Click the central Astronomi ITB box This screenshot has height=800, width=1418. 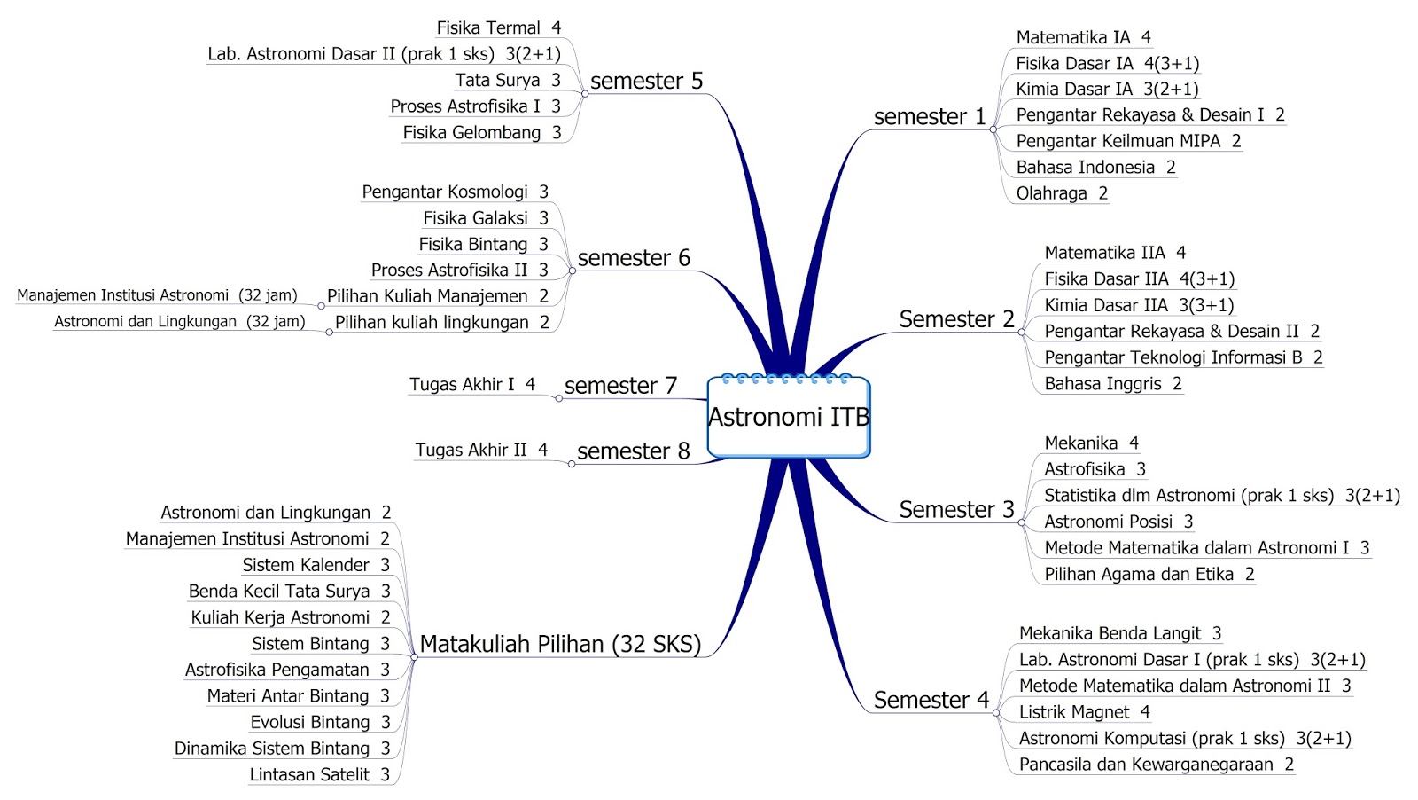click(x=788, y=417)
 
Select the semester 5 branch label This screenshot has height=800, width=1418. click(x=646, y=81)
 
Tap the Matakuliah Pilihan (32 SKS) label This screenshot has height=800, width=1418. click(x=560, y=644)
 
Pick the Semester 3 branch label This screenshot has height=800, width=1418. click(x=956, y=510)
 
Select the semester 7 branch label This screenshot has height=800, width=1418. click(x=620, y=386)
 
